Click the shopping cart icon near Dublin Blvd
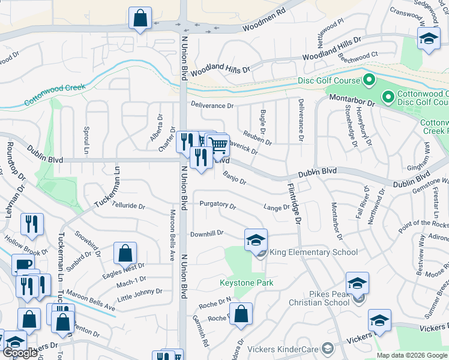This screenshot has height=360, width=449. (x=219, y=145)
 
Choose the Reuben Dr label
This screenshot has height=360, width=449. (x=257, y=138)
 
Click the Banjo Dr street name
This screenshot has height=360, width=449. (x=234, y=178)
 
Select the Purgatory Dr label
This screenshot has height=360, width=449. (x=218, y=205)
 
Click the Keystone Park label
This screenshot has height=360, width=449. (x=246, y=283)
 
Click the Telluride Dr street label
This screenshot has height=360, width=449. (x=128, y=206)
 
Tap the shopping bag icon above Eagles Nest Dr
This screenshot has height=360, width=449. (x=125, y=254)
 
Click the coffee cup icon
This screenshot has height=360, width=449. (x=23, y=265)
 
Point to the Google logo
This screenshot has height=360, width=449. (x=20, y=353)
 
